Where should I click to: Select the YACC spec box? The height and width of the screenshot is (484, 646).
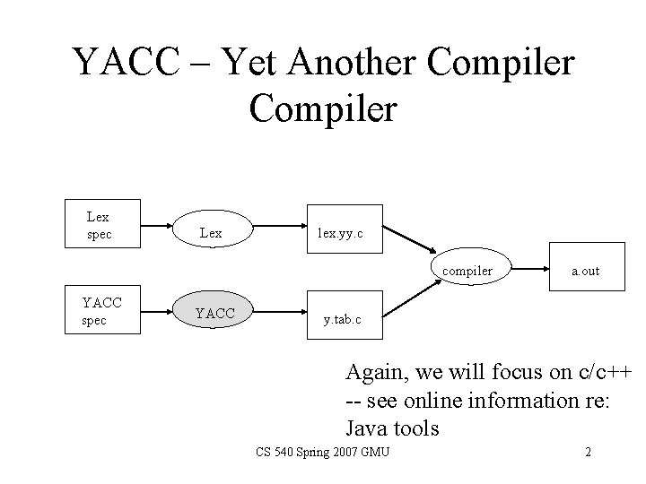(x=104, y=312)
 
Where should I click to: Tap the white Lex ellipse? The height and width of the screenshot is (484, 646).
(x=212, y=233)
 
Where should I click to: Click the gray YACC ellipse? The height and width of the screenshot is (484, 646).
(x=214, y=312)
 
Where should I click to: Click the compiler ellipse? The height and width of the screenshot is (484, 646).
(x=467, y=271)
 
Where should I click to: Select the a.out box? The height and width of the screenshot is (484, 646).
(x=586, y=270)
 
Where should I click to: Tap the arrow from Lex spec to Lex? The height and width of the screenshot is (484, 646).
(x=157, y=226)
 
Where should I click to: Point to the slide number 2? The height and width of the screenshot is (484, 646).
(x=588, y=452)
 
